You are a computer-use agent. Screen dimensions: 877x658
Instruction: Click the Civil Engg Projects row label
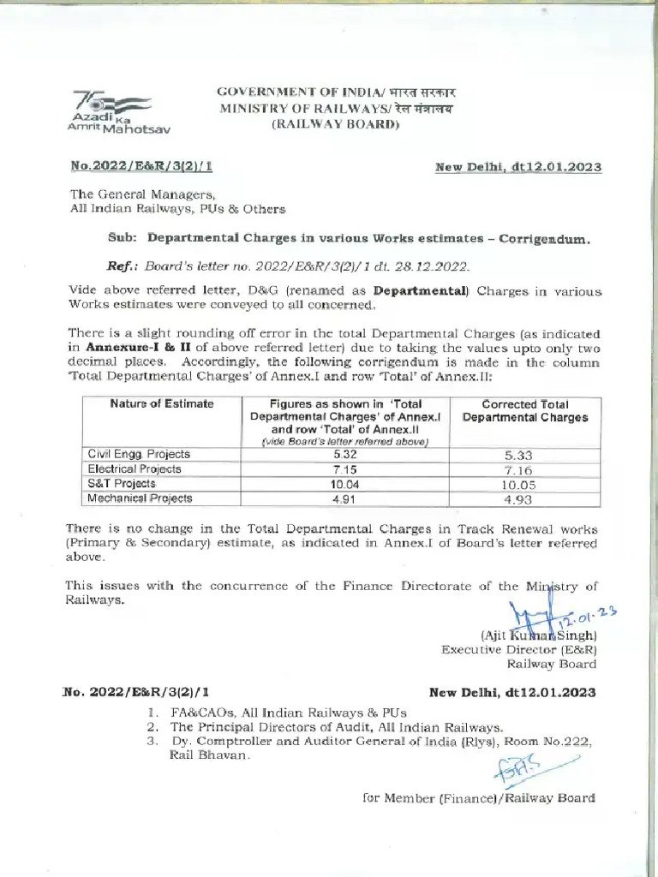139,454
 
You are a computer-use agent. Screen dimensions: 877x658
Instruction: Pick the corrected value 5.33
523,456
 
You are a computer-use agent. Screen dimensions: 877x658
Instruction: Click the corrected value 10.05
523,485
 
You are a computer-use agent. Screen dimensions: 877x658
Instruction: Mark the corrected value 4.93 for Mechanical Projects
523,499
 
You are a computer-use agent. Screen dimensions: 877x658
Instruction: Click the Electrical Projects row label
135,468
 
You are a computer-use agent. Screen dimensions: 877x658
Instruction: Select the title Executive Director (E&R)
518,649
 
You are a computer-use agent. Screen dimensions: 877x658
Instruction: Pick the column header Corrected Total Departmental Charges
524,410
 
